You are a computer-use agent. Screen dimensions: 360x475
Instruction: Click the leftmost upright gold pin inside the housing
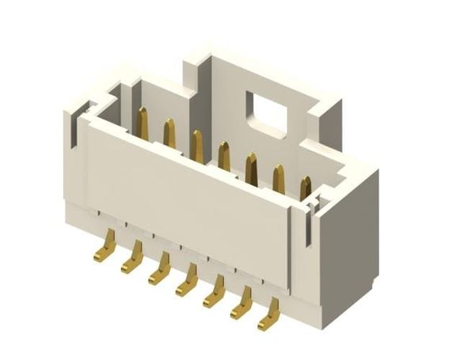tap(142, 123)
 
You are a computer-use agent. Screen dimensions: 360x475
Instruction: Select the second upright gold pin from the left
tap(169, 134)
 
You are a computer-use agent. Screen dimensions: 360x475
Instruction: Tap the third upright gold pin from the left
tap(196, 146)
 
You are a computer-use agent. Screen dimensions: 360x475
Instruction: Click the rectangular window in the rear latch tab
tap(265, 112)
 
